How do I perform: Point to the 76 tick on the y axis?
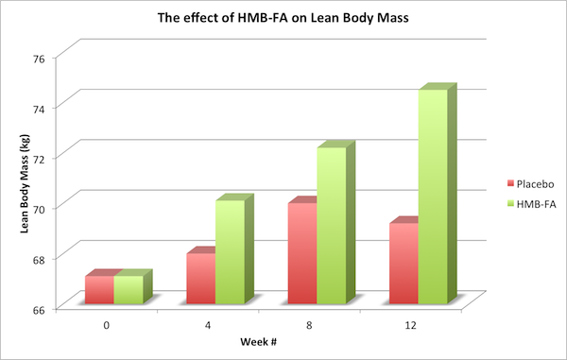(42, 57)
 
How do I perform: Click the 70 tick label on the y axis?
(42, 207)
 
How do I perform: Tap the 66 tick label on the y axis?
(42, 308)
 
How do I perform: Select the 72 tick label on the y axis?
(42, 157)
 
